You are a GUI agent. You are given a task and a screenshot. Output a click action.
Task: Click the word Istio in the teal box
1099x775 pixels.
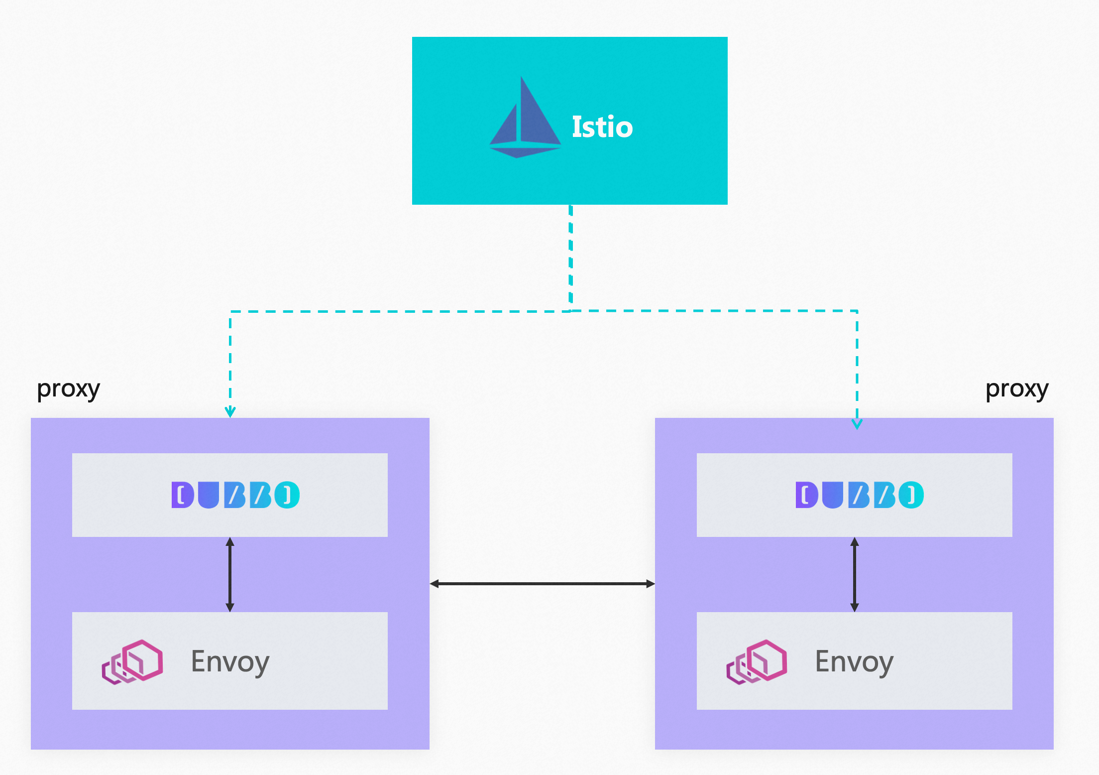(x=602, y=127)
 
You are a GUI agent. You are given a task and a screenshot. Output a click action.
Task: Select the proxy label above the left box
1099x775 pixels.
(x=68, y=389)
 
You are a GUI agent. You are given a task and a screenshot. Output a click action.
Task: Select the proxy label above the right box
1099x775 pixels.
(x=1017, y=389)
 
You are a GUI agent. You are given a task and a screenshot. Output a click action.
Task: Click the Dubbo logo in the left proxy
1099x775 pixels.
(x=235, y=495)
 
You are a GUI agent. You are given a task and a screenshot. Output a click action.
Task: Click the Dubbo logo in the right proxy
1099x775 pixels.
(x=860, y=495)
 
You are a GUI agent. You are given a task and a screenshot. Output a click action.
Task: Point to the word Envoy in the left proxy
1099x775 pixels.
(x=230, y=662)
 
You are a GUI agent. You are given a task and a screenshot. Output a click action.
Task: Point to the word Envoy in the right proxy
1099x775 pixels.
(x=854, y=662)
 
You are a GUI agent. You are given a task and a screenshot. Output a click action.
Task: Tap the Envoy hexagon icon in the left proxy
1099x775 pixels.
(x=132, y=661)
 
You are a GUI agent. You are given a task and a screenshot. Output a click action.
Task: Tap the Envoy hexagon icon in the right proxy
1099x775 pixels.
(x=757, y=661)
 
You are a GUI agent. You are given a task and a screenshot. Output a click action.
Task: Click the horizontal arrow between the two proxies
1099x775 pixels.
(x=542, y=584)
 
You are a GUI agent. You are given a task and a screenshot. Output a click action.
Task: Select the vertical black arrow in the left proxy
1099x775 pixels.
(x=230, y=574)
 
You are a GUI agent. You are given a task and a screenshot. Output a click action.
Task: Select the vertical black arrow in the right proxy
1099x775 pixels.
(x=855, y=574)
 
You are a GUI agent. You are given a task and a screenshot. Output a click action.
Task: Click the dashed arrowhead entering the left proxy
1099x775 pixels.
(x=230, y=412)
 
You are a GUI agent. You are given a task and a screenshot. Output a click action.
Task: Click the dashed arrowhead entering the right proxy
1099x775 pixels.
(x=857, y=424)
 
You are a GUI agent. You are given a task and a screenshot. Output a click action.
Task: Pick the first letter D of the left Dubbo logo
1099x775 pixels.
(x=182, y=495)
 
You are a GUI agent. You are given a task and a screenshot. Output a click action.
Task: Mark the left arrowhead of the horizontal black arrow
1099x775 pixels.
(x=435, y=584)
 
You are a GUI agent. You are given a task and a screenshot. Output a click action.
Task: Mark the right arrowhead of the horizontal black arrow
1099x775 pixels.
(x=650, y=584)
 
